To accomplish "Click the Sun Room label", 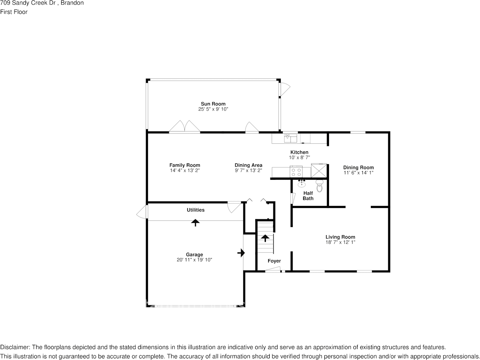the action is (x=213, y=104).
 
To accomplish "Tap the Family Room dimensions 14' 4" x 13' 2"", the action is (x=185, y=170).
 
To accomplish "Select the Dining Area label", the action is (x=248, y=165).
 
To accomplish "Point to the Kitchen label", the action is (x=299, y=152).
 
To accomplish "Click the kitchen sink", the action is (x=291, y=138).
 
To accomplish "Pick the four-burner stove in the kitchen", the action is (x=296, y=171).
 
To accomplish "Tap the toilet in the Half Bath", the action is (x=319, y=186).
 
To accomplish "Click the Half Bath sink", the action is (x=302, y=184).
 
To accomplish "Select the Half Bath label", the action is (x=308, y=196).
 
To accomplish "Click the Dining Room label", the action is (x=358, y=167).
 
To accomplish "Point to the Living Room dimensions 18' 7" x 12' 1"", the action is (x=340, y=242).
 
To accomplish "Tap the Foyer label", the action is (x=274, y=261).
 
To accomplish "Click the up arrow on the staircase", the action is (x=265, y=238).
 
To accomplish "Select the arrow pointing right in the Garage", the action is (x=241, y=253).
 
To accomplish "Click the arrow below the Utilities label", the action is (x=195, y=223).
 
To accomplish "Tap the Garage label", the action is (x=194, y=254).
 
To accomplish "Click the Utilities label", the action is (x=195, y=210).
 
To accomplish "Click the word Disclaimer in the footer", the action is (x=14, y=347).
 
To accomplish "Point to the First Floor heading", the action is (x=14, y=12).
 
